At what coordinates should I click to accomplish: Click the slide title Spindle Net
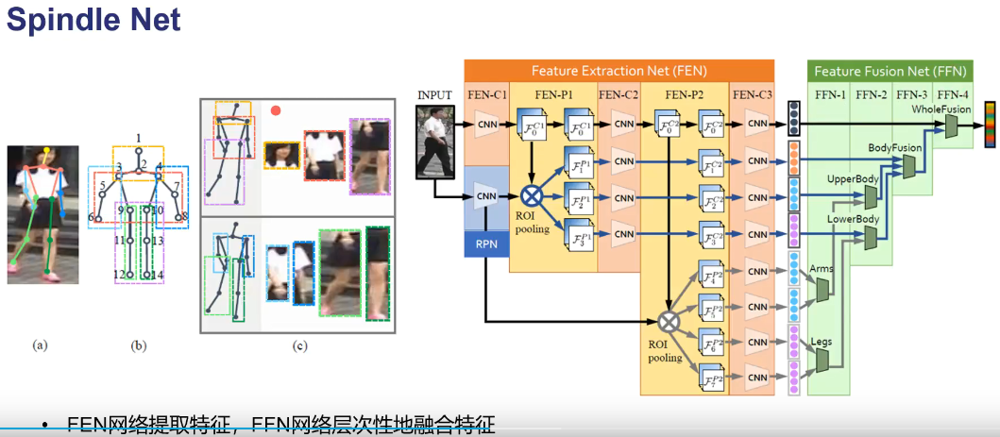[93, 22]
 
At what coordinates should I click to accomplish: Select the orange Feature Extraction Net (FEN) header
[619, 71]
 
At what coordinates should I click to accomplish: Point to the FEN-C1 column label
[487, 94]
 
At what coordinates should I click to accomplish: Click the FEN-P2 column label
[685, 94]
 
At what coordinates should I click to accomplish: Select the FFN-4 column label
[951, 94]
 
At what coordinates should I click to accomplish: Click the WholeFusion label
[941, 109]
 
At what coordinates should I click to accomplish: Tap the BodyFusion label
[893, 148]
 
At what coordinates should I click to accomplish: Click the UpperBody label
[853, 178]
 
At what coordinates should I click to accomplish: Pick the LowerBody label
[853, 220]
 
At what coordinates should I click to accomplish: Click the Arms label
[822, 270]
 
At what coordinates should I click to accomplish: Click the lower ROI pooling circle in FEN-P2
[669, 321]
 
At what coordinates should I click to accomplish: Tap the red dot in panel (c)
[276, 110]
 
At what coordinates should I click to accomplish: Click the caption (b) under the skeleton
[139, 346]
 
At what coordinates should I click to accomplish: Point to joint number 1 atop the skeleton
[138, 138]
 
